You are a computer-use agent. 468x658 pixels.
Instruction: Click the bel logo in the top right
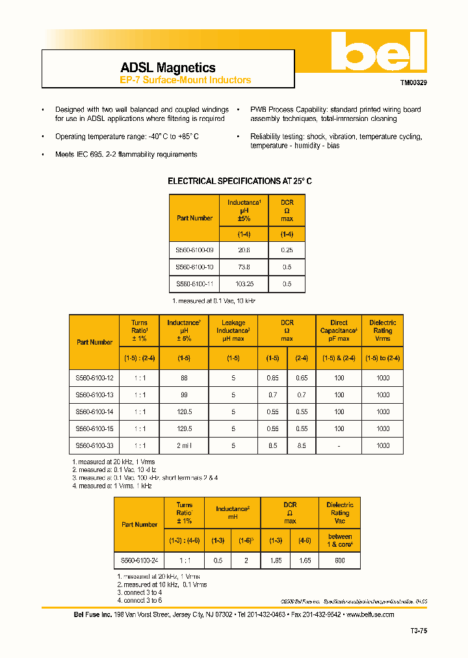point(377,53)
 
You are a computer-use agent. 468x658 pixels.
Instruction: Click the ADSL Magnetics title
point(168,68)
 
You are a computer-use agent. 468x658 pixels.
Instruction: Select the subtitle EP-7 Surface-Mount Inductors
point(185,81)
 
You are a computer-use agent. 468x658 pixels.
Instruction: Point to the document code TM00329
point(413,83)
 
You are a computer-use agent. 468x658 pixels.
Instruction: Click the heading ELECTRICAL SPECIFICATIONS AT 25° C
point(240,181)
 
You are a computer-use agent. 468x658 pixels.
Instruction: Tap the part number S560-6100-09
point(194,250)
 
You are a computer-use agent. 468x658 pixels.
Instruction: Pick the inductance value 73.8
point(244,267)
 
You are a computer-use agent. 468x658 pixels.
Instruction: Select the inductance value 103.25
point(244,284)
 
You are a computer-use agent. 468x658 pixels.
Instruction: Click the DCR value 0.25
point(287,250)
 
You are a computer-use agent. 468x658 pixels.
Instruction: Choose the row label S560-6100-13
point(94,395)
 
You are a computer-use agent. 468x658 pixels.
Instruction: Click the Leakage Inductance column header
point(233,330)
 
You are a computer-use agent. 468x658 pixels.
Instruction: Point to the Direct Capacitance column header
point(339,330)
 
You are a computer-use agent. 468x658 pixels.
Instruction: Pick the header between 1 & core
point(339,540)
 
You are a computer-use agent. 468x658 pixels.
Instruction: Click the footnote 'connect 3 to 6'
point(140,600)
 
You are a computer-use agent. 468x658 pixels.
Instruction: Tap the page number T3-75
point(419,631)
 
